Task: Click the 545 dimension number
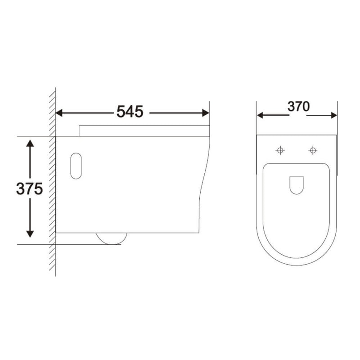(130, 112)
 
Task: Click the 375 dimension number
(29, 189)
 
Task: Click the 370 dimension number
(298, 107)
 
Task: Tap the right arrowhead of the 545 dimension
(206, 112)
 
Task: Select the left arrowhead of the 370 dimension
(261, 115)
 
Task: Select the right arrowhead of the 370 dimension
(333, 115)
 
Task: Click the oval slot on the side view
(76, 166)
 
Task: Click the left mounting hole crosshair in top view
(280, 150)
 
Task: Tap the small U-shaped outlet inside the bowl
(296, 184)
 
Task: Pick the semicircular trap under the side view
(112, 238)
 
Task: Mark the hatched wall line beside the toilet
(52, 180)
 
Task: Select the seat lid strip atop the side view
(144, 130)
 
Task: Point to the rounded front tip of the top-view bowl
(297, 265)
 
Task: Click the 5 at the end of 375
(38, 189)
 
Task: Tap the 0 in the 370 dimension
(306, 107)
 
